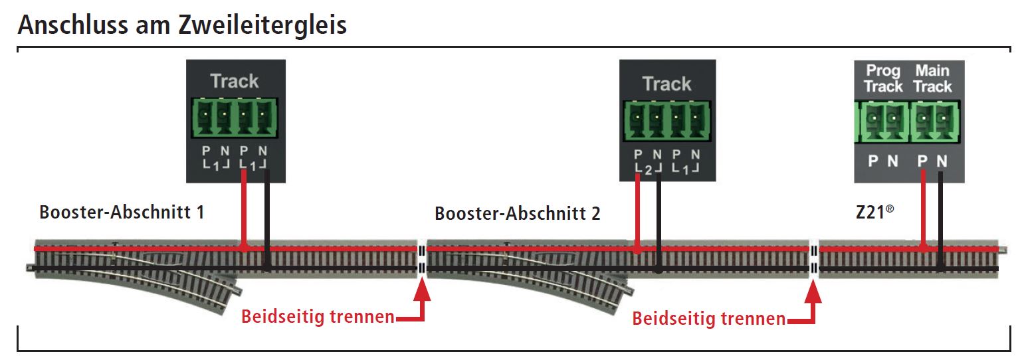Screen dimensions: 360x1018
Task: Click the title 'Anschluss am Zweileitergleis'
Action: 182,25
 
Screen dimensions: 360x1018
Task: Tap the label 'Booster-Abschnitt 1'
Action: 122,213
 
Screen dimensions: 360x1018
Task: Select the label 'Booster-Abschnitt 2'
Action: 517,214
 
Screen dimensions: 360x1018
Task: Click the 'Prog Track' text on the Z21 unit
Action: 883,78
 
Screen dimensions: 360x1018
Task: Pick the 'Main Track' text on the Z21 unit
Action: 932,78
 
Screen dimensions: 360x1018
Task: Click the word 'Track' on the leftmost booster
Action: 234,82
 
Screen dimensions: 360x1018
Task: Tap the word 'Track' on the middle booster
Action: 666,84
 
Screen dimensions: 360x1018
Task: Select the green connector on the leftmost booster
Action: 234,118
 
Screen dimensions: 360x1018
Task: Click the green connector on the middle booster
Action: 666,120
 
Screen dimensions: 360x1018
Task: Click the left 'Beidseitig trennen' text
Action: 318,317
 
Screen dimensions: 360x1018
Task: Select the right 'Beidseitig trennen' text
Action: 708,319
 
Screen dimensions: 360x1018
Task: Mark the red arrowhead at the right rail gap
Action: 813,293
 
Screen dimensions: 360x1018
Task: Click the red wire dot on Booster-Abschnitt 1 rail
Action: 245,248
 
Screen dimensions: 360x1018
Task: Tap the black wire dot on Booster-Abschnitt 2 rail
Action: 657,270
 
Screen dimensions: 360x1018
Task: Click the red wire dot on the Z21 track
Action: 923,248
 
